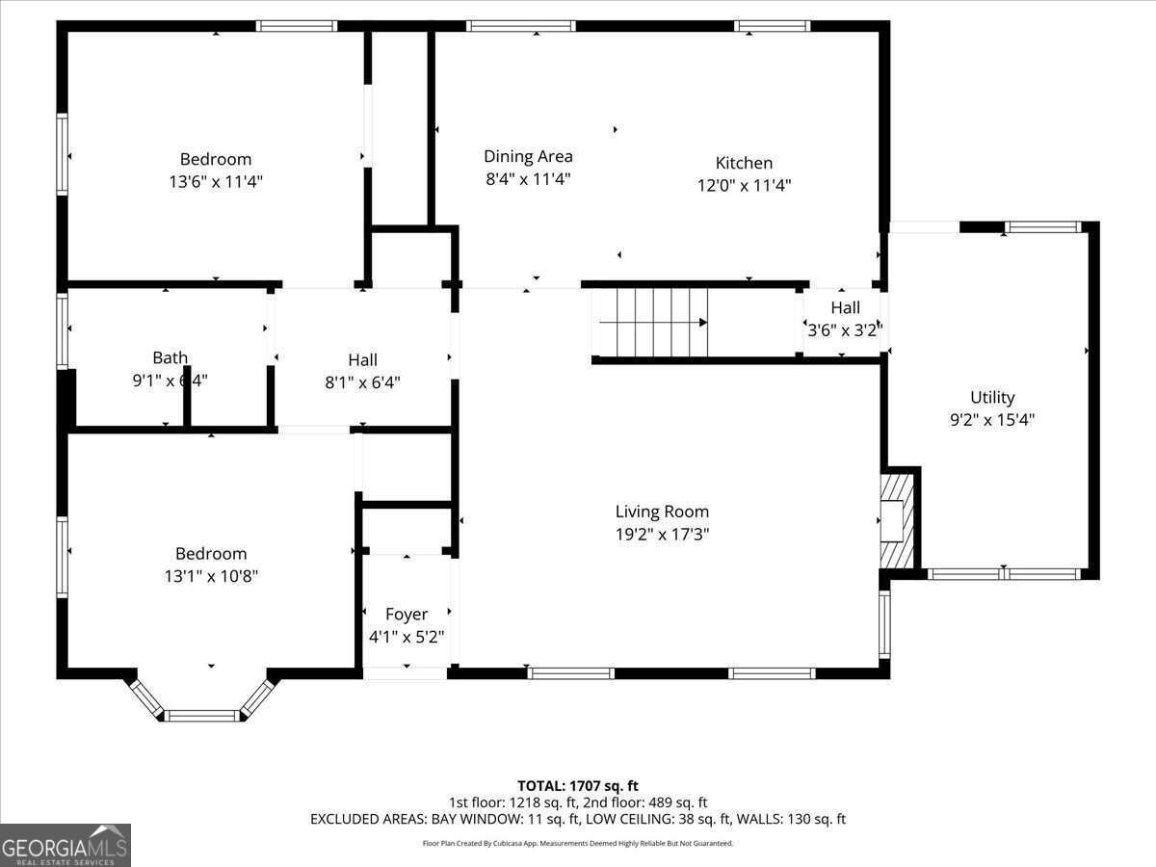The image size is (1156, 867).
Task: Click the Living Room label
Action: pos(662,512)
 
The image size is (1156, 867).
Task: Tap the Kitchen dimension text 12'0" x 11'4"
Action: pos(744,186)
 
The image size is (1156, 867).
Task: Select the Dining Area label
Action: pos(528,156)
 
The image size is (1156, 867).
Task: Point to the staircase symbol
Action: pos(653,323)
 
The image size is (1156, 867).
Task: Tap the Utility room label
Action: pos(992,397)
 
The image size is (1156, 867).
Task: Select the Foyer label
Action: pos(406,614)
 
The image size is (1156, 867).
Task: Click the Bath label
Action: pos(170,357)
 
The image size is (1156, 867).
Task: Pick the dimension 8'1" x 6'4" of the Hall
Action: pos(362,382)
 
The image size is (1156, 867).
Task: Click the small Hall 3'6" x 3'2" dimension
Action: pos(845,329)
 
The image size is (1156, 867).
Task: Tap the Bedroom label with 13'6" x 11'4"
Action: pos(215,159)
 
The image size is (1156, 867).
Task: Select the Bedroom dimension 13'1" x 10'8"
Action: pos(211,576)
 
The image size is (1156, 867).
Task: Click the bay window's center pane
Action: pos(201,715)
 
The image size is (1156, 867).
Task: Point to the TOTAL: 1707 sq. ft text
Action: pos(578,786)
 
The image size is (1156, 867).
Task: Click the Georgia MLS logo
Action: pos(66,845)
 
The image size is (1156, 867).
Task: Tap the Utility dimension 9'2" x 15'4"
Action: pos(992,420)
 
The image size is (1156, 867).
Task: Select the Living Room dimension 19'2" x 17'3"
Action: pos(662,535)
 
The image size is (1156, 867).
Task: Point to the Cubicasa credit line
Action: pos(578,843)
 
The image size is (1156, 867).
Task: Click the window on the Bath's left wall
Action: pos(63,330)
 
